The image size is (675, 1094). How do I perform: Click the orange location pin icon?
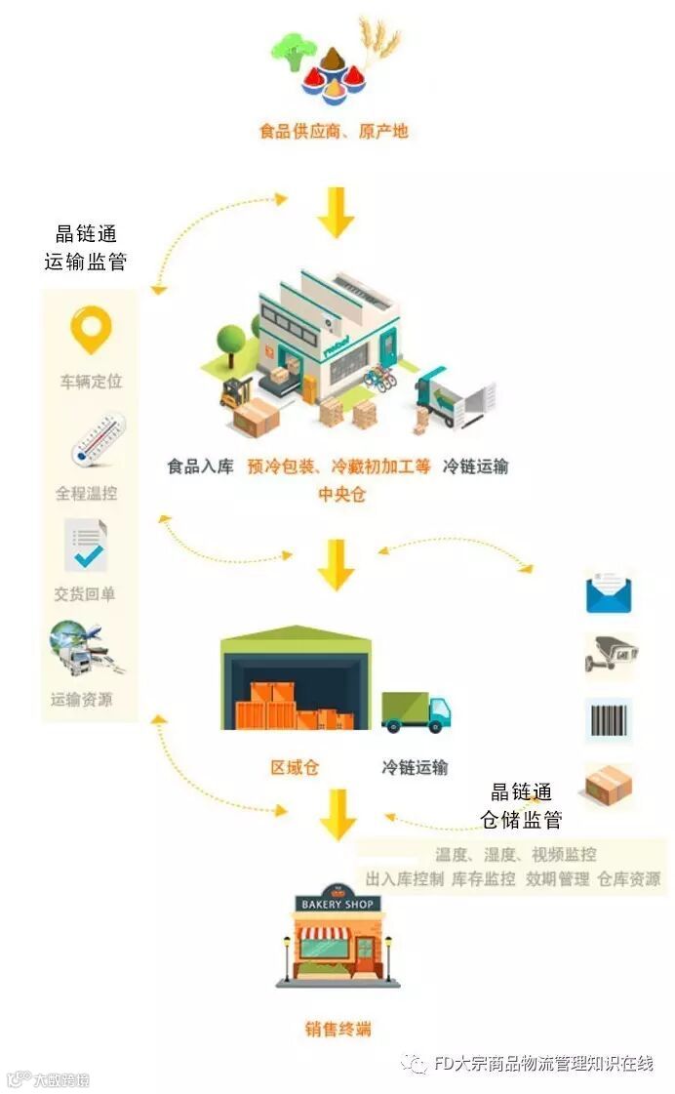coord(91,330)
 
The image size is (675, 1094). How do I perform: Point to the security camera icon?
coord(610,655)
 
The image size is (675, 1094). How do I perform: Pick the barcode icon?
coord(609,720)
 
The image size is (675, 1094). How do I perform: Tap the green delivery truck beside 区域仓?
coord(416,711)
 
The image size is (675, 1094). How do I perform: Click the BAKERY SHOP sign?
coord(337,904)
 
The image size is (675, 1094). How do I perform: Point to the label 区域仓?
coord(295,767)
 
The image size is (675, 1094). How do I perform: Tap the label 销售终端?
coord(337,1029)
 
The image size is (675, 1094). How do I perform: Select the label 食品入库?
coord(200,466)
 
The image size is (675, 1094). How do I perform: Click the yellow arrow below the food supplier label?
coord(336,211)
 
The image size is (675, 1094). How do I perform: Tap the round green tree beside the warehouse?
coord(231,340)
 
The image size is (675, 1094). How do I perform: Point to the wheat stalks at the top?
coord(380,39)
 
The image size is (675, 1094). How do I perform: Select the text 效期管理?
coord(557,879)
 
